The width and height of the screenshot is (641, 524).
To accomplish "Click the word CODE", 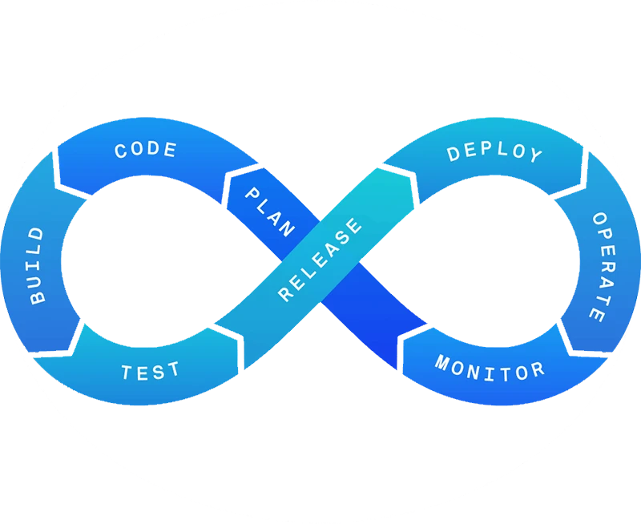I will coord(146,150).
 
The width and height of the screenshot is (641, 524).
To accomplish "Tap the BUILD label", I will coord(37,265).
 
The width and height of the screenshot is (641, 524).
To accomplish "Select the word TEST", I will coord(151,371).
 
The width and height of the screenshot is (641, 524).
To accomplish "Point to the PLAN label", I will coord(268,211).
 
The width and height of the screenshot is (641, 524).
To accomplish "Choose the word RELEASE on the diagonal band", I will coord(320,259).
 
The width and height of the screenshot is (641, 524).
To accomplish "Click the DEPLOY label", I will coord(494,152).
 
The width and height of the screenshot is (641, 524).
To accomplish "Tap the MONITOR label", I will coord(490,369).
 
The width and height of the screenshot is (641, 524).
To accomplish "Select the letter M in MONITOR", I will coord(441,363).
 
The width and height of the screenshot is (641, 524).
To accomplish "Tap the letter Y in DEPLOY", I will coord(534,156).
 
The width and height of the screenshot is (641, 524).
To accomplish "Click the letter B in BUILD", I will coord(38,297).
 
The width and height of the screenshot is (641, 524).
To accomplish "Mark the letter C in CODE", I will coord(121,151).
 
